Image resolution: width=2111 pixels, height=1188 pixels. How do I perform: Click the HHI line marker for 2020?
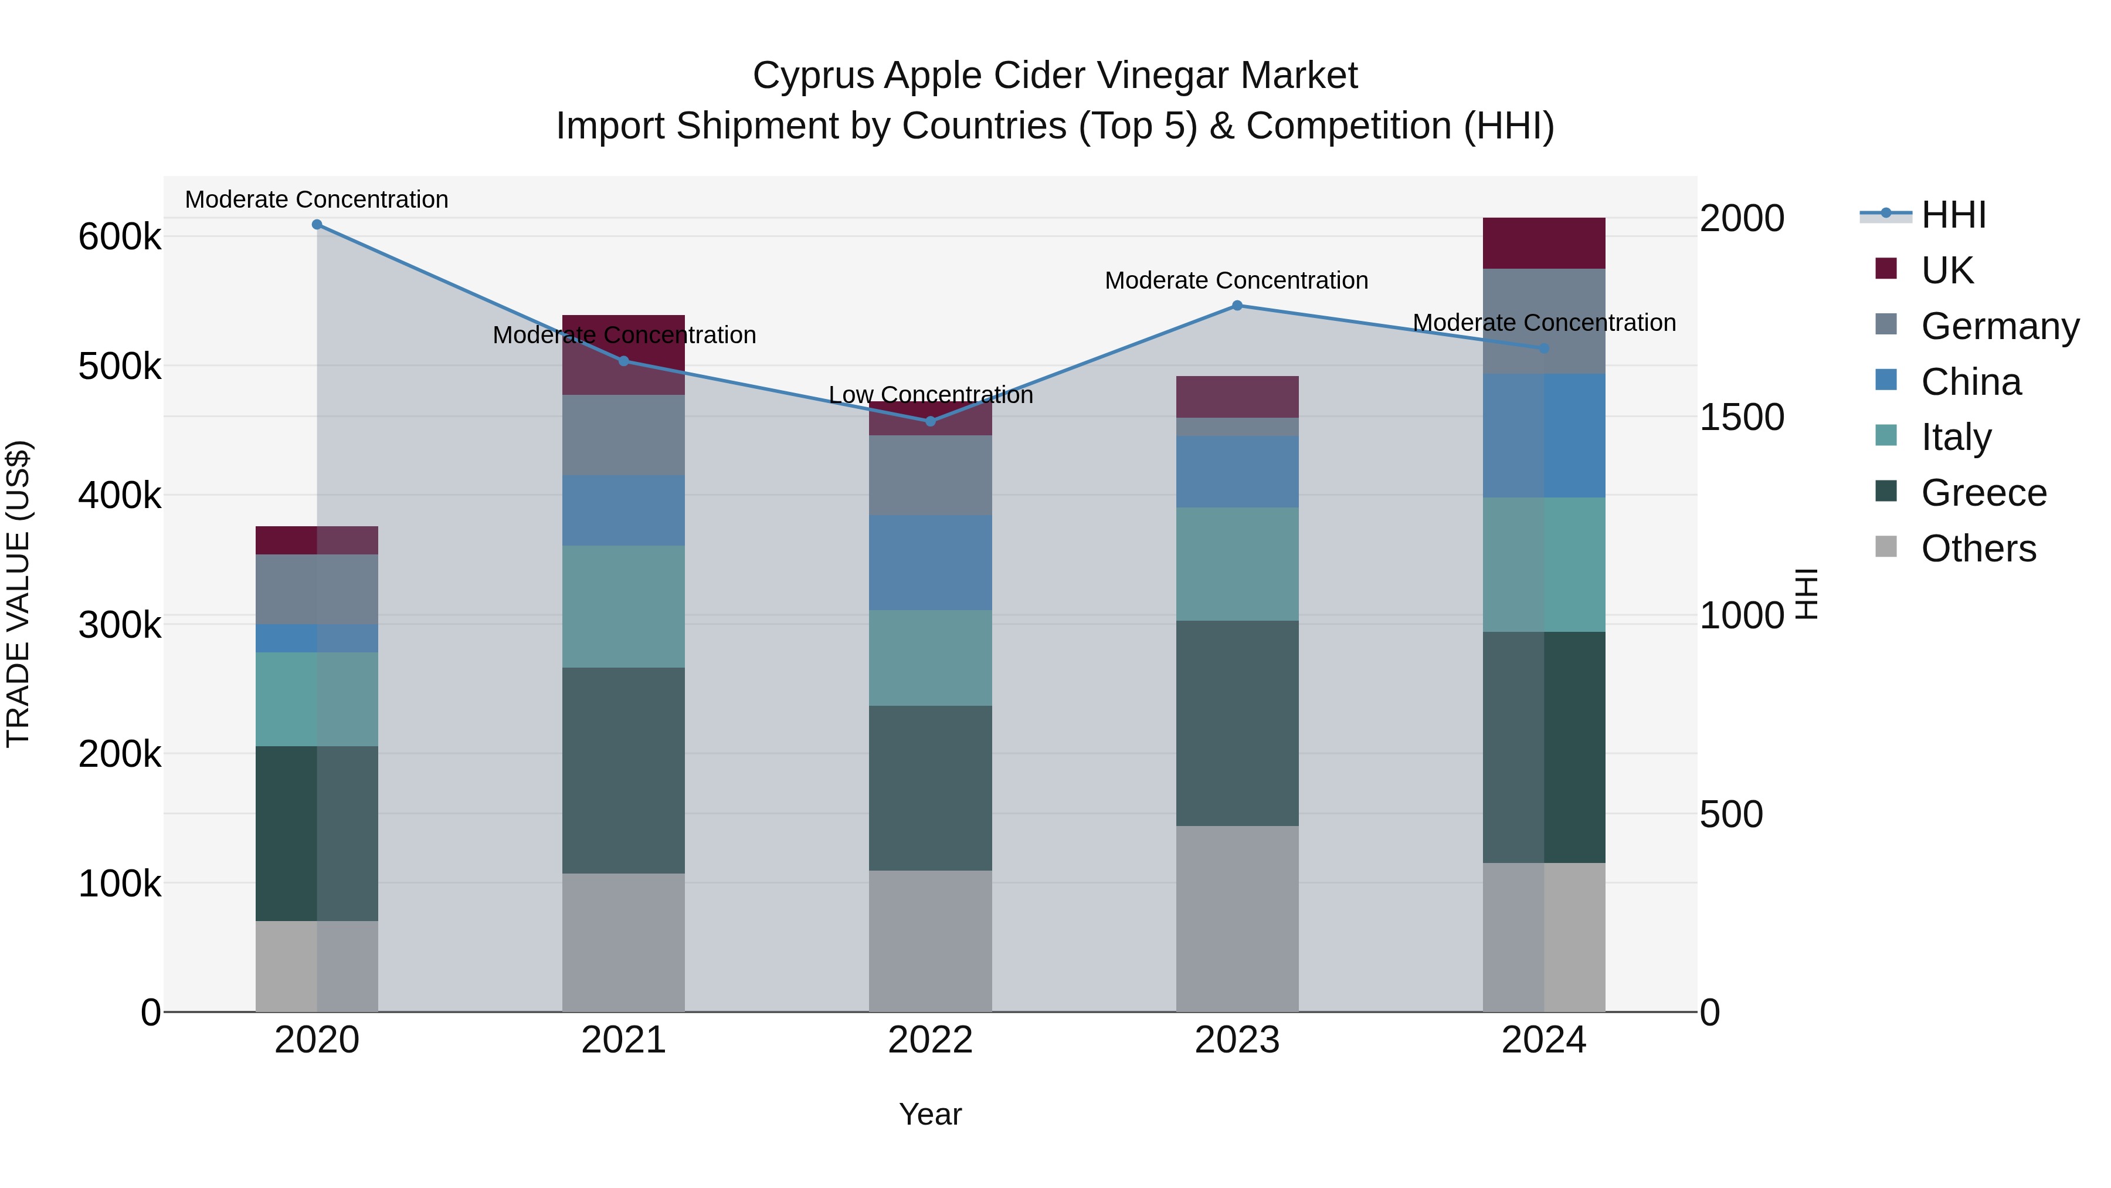(317, 225)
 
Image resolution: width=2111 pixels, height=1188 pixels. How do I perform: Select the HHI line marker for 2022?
(930, 421)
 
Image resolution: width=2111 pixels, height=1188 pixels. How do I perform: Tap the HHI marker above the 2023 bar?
(1237, 306)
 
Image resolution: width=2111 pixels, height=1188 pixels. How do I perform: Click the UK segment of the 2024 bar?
(1544, 243)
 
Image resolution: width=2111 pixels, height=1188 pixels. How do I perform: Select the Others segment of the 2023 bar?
(1237, 918)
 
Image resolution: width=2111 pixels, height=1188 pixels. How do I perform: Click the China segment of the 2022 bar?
(930, 563)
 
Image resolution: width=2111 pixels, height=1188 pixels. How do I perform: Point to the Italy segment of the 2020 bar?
(317, 699)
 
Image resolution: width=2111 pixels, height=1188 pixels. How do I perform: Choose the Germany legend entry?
(2000, 326)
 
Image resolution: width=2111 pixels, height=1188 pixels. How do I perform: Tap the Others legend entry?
(1978, 549)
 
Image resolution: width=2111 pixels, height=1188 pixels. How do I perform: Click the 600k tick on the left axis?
(120, 238)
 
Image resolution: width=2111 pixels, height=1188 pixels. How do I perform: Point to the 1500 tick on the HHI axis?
(1742, 417)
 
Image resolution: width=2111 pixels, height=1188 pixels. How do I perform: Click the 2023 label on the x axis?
(1237, 1040)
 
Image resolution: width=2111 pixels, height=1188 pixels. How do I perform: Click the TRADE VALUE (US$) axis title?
(18, 594)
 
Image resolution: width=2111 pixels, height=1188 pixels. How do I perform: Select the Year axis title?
(930, 1114)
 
